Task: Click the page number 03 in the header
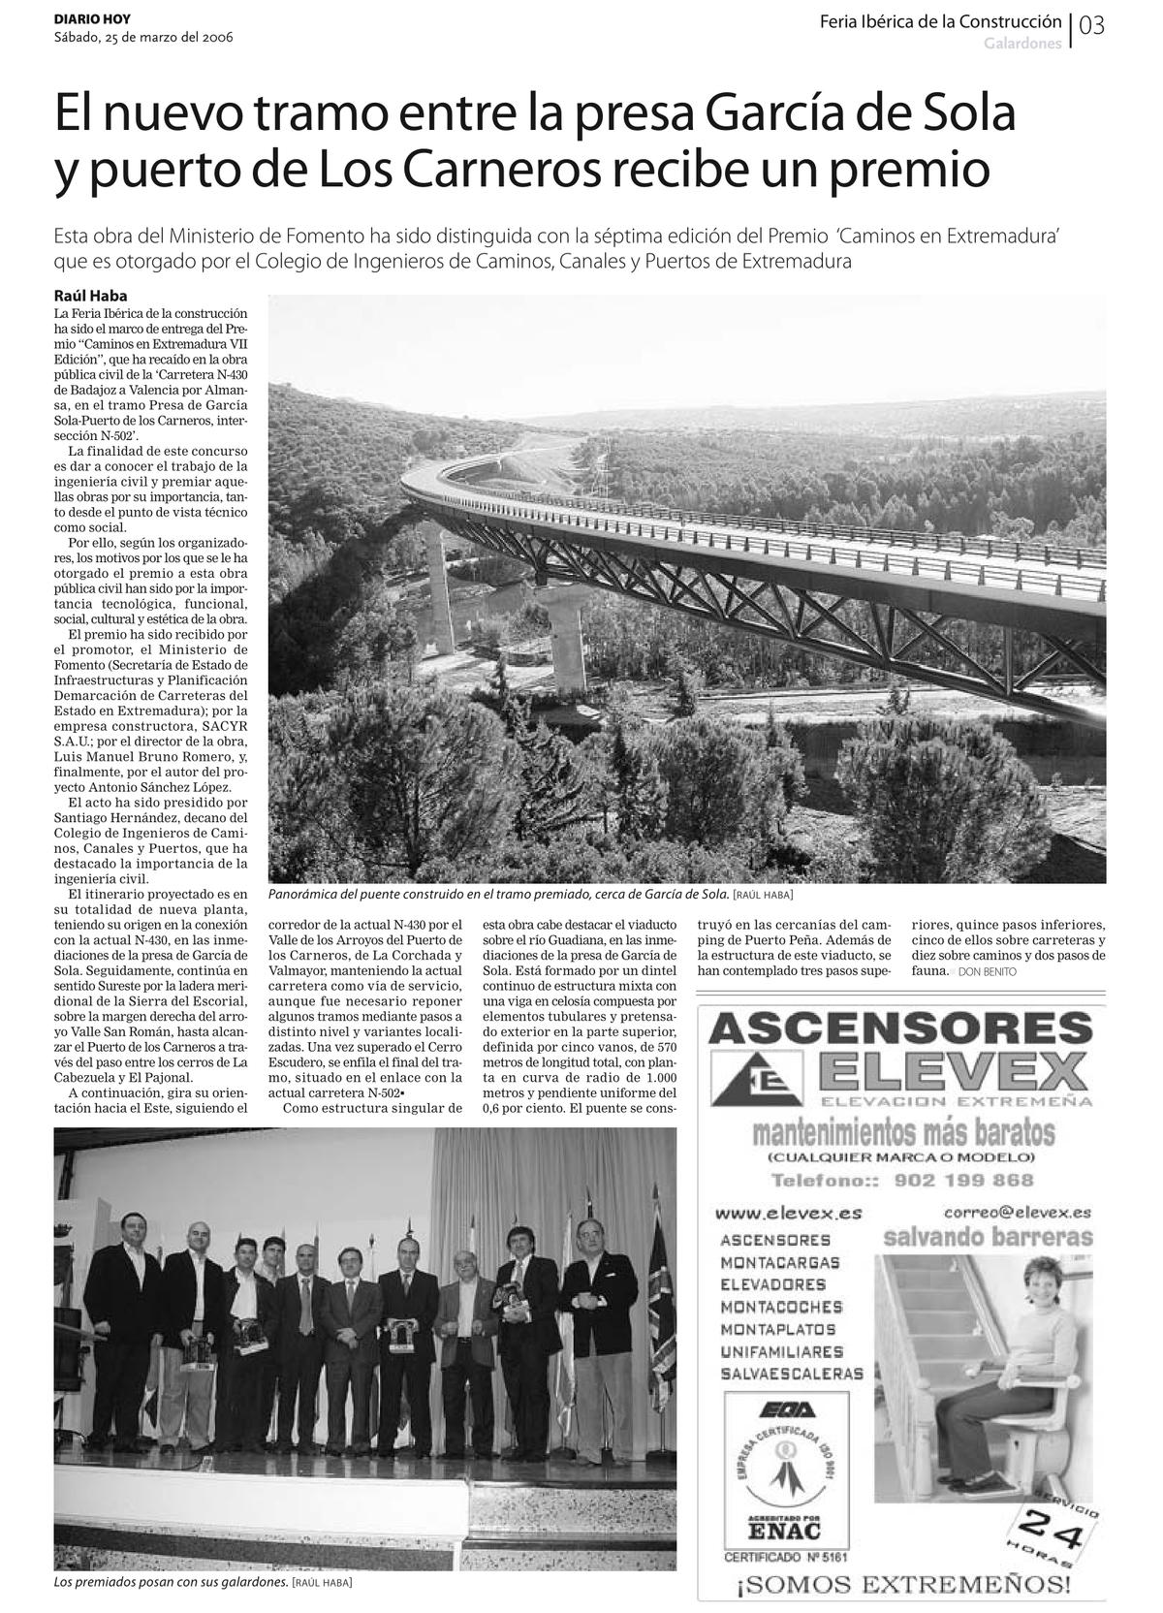pyautogui.click(x=1091, y=26)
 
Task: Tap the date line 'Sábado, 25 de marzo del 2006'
pyautogui.click(x=142, y=38)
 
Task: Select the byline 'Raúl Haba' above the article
pyautogui.click(x=90, y=296)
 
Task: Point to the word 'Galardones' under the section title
pyautogui.click(x=1022, y=45)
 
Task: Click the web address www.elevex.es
pyautogui.click(x=788, y=1213)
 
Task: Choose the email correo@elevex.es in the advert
pyautogui.click(x=1018, y=1212)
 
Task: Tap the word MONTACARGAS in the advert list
pyautogui.click(x=780, y=1262)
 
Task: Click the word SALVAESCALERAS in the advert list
pyautogui.click(x=792, y=1374)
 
